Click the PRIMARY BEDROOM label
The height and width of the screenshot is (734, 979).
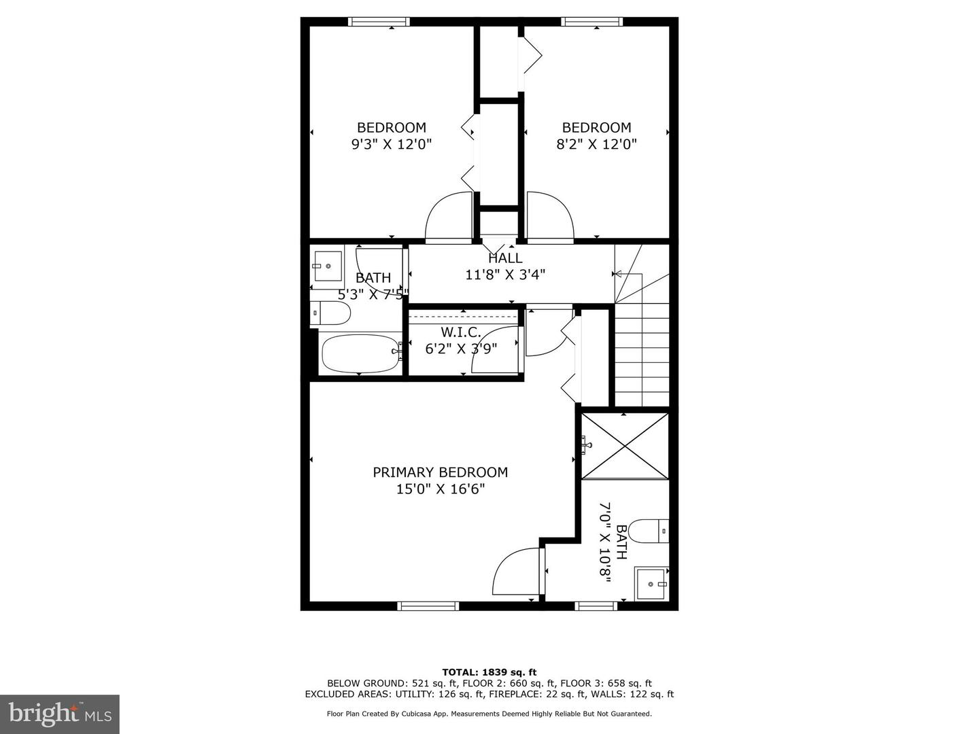(x=440, y=472)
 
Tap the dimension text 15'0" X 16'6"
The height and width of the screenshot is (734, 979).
(x=440, y=489)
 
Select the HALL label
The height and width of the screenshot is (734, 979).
(x=505, y=258)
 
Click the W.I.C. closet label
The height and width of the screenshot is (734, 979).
(x=461, y=332)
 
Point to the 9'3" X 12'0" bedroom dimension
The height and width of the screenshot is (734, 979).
(x=392, y=144)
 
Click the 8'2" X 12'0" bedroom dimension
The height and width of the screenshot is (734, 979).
(x=596, y=144)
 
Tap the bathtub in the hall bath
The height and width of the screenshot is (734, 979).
(x=360, y=352)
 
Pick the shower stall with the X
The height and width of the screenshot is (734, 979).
(x=625, y=446)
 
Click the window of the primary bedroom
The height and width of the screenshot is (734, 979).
(x=428, y=606)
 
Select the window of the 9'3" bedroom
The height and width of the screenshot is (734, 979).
(x=379, y=22)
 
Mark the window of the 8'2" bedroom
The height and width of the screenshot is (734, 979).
(x=591, y=22)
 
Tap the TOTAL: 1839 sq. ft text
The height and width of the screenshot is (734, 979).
(x=489, y=672)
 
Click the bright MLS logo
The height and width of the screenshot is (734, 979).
(x=60, y=714)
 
